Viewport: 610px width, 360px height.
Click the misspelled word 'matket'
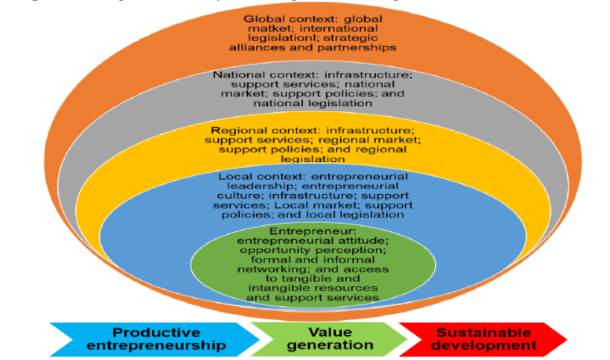(260, 29)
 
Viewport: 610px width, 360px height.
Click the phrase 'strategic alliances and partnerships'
(313, 43)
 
